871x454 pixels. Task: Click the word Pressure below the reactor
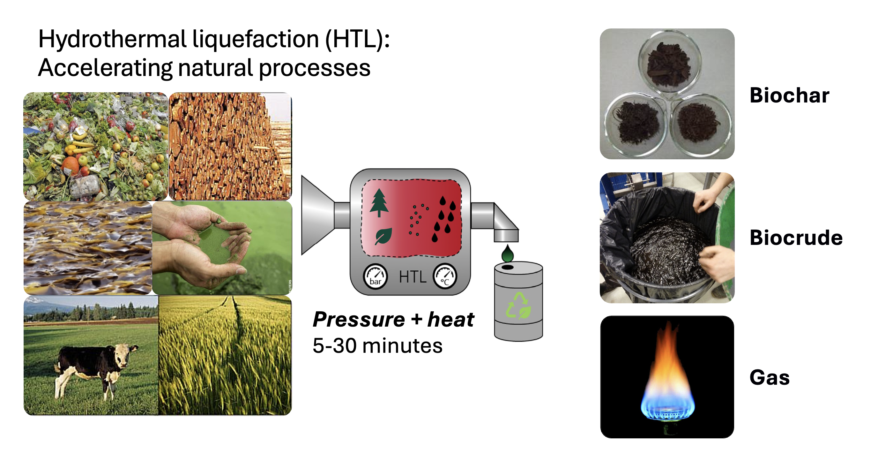click(359, 320)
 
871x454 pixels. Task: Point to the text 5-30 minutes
click(377, 346)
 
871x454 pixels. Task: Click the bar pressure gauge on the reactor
click(375, 276)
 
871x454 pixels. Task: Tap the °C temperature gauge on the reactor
click(445, 276)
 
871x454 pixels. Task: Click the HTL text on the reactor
click(413, 277)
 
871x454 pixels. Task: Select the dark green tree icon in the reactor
click(379, 203)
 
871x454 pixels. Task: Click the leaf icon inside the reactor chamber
click(383, 236)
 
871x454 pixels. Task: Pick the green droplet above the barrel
click(507, 253)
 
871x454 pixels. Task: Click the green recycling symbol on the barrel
click(518, 306)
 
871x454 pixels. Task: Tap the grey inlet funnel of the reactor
click(318, 215)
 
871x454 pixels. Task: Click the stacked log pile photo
click(230, 147)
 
